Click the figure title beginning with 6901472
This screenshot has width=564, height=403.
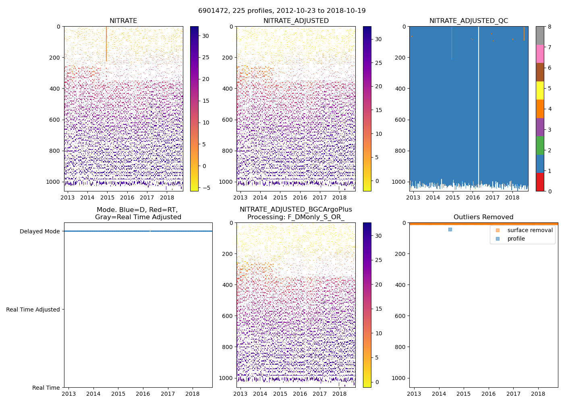(x=282, y=11)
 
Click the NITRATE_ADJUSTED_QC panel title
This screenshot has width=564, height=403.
(x=469, y=21)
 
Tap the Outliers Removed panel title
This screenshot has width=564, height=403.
(x=483, y=217)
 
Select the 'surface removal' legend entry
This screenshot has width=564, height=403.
(x=530, y=230)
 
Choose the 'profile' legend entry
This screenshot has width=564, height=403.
(x=516, y=239)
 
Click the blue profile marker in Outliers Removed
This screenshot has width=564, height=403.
(x=450, y=229)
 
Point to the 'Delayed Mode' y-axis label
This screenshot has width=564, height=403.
(x=39, y=231)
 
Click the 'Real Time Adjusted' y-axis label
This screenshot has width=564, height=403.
(x=33, y=310)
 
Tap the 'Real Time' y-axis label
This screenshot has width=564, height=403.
(x=46, y=388)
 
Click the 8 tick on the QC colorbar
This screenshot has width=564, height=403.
(x=549, y=27)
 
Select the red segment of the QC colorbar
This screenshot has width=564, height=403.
(x=540, y=182)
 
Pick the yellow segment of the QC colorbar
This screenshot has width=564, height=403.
(x=540, y=90)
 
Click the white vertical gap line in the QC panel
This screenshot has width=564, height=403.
(x=479, y=101)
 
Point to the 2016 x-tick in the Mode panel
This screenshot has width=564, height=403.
(x=143, y=394)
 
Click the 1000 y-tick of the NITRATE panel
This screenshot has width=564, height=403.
(x=53, y=182)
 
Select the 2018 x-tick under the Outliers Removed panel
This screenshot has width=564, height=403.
(x=538, y=394)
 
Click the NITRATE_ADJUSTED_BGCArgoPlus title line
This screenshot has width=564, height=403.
(x=296, y=210)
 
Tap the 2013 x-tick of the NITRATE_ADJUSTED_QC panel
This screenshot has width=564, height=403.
(x=413, y=197)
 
